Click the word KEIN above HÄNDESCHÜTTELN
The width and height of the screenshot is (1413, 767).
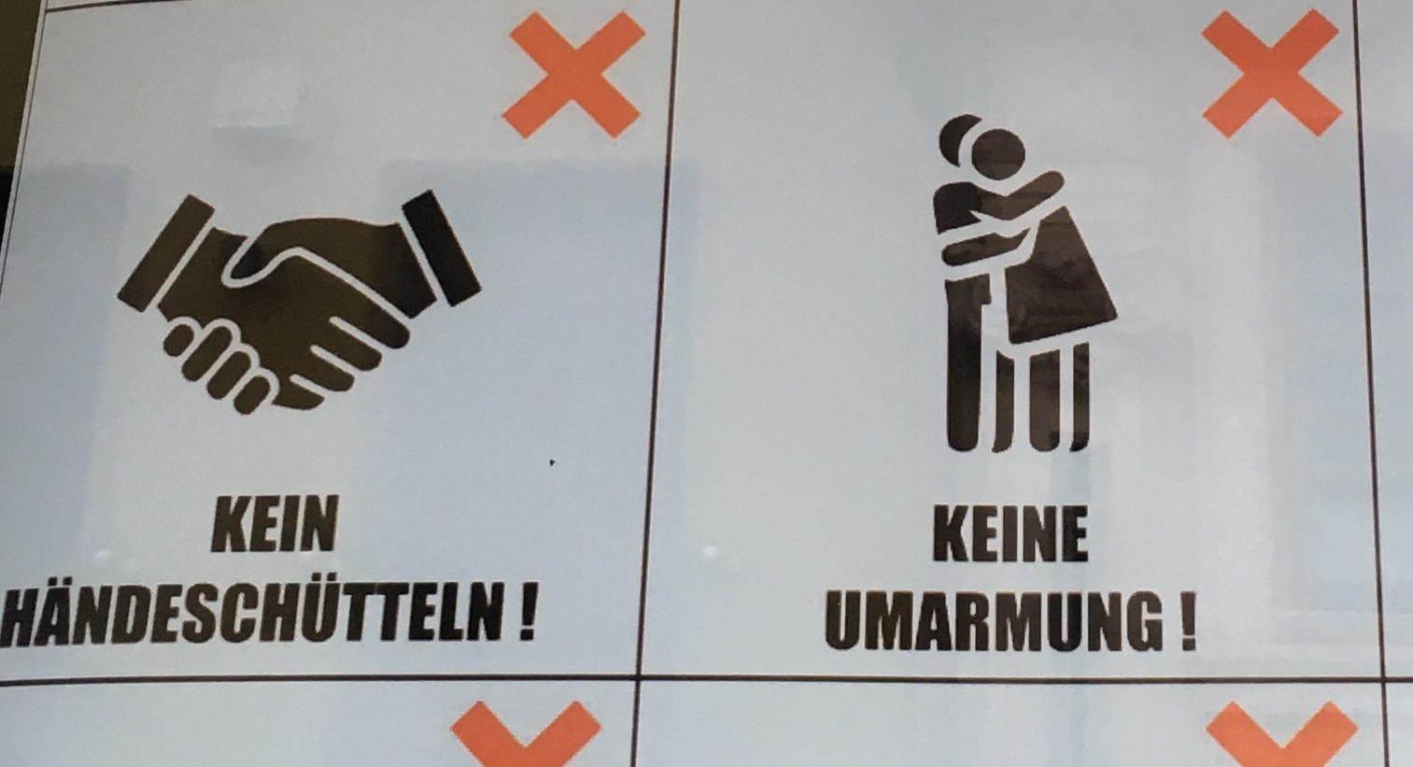(x=275, y=524)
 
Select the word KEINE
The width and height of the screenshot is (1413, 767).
(x=1010, y=533)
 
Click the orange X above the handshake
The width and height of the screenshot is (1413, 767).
(x=573, y=75)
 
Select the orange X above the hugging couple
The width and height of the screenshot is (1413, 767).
(x=1270, y=74)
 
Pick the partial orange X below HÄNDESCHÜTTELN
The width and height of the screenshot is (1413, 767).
(x=526, y=734)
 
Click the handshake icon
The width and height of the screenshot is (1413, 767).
(x=299, y=302)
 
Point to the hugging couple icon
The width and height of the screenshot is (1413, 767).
(x=1024, y=283)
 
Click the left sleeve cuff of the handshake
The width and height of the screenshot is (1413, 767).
(x=162, y=252)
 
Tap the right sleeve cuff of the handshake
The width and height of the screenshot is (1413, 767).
(x=442, y=249)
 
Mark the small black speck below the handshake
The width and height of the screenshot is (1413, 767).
(x=552, y=462)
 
